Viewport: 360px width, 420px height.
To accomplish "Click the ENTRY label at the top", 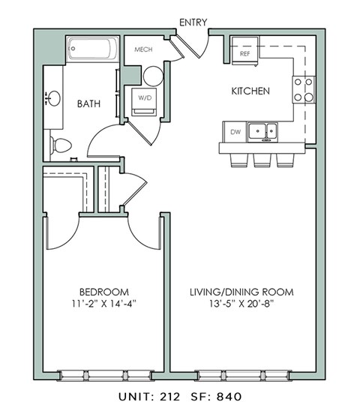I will pyautogui.click(x=193, y=23).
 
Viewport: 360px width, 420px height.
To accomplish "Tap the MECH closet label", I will pyautogui.click(x=143, y=50).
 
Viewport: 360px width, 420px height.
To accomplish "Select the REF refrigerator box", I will pyautogui.click(x=244, y=54).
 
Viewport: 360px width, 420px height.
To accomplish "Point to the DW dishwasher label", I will pyautogui.click(x=235, y=133).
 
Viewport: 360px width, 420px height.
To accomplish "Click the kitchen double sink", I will pyautogui.click(x=262, y=132).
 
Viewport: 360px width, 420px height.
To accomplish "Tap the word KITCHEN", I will pyautogui.click(x=250, y=91).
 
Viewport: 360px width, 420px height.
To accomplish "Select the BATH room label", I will pyautogui.click(x=89, y=104).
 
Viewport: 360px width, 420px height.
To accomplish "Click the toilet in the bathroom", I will pyautogui.click(x=59, y=145).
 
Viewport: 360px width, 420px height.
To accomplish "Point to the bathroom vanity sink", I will pyautogui.click(x=52, y=98).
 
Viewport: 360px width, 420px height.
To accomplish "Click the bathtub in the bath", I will pyautogui.click(x=91, y=49).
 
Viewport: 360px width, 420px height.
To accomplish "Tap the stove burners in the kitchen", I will pyautogui.click(x=304, y=90).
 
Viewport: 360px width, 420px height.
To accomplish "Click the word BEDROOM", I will pyautogui.click(x=103, y=292).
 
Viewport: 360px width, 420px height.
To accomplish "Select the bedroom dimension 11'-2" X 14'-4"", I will pyautogui.click(x=103, y=304).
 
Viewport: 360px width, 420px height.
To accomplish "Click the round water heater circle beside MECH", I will pyautogui.click(x=152, y=75).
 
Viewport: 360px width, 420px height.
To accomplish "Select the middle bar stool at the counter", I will pyautogui.click(x=262, y=160).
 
